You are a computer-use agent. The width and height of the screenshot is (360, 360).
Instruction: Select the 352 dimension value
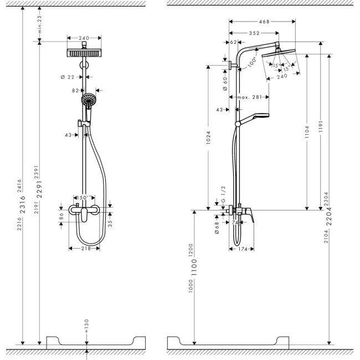[254, 33]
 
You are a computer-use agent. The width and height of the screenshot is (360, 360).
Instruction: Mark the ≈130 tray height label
[86, 322]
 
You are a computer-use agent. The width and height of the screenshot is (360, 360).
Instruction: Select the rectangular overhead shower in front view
[84, 53]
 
